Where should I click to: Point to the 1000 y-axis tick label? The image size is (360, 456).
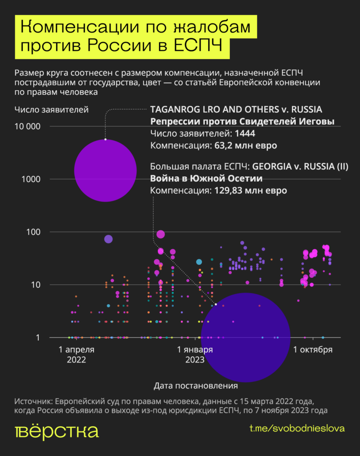tap(32, 179)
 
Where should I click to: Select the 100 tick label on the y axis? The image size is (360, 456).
tap(34, 232)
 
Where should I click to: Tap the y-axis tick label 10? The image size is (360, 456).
tap(36, 285)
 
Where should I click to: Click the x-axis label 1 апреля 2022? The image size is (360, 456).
tap(76, 354)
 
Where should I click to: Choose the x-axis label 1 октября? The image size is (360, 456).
tap(312, 350)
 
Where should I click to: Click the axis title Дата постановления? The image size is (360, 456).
tap(196, 385)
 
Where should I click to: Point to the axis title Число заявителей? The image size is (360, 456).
tap(51, 109)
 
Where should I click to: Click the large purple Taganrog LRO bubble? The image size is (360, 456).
tap(105, 170)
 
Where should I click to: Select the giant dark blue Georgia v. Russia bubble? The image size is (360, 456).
tap(245, 337)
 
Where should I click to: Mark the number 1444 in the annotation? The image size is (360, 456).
tap(245, 134)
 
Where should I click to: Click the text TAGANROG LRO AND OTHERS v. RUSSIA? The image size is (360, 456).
tap(236, 110)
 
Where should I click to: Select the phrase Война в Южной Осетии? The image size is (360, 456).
tap(206, 179)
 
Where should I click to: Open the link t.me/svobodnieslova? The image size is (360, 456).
tap(297, 428)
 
